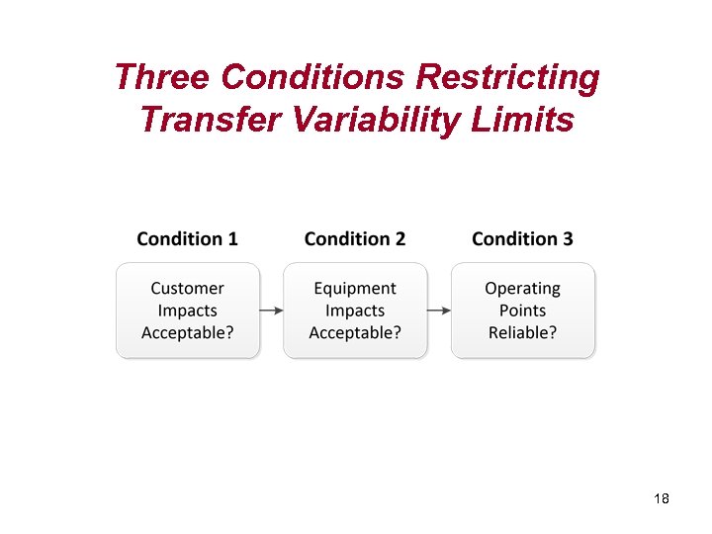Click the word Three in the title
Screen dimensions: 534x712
coord(162,77)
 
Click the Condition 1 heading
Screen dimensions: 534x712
coord(187,238)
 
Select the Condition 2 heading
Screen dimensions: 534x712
coord(355,238)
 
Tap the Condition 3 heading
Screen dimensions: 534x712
coord(522,238)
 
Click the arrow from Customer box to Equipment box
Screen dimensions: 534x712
coord(271,311)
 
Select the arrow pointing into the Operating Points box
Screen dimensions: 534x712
coord(439,311)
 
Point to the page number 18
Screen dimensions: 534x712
coord(662,498)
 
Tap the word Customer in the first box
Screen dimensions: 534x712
coord(187,289)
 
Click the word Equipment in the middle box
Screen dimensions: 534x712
coord(355,289)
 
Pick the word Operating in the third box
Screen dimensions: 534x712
coord(522,289)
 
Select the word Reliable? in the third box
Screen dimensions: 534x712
coord(522,332)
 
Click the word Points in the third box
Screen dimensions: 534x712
coord(522,311)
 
